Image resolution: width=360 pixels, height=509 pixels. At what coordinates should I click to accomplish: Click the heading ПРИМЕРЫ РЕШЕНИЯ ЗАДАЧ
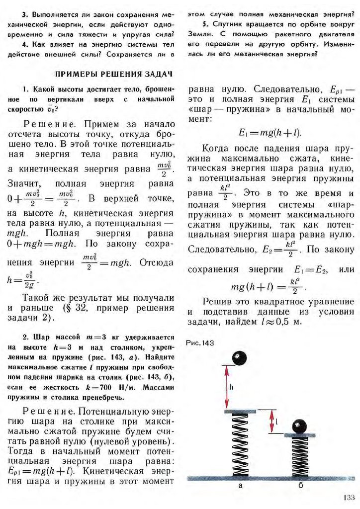(113, 74)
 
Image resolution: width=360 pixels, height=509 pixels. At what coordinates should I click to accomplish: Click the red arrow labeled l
(271, 422)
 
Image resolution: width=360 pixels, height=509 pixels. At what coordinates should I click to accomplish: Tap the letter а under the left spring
(241, 488)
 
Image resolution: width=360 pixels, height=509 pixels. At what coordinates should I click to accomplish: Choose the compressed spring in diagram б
(300, 457)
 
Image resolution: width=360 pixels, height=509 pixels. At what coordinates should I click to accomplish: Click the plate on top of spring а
(241, 412)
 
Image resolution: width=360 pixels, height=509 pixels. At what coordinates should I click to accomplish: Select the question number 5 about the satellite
(204, 24)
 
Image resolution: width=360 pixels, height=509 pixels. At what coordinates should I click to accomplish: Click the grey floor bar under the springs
(271, 478)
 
